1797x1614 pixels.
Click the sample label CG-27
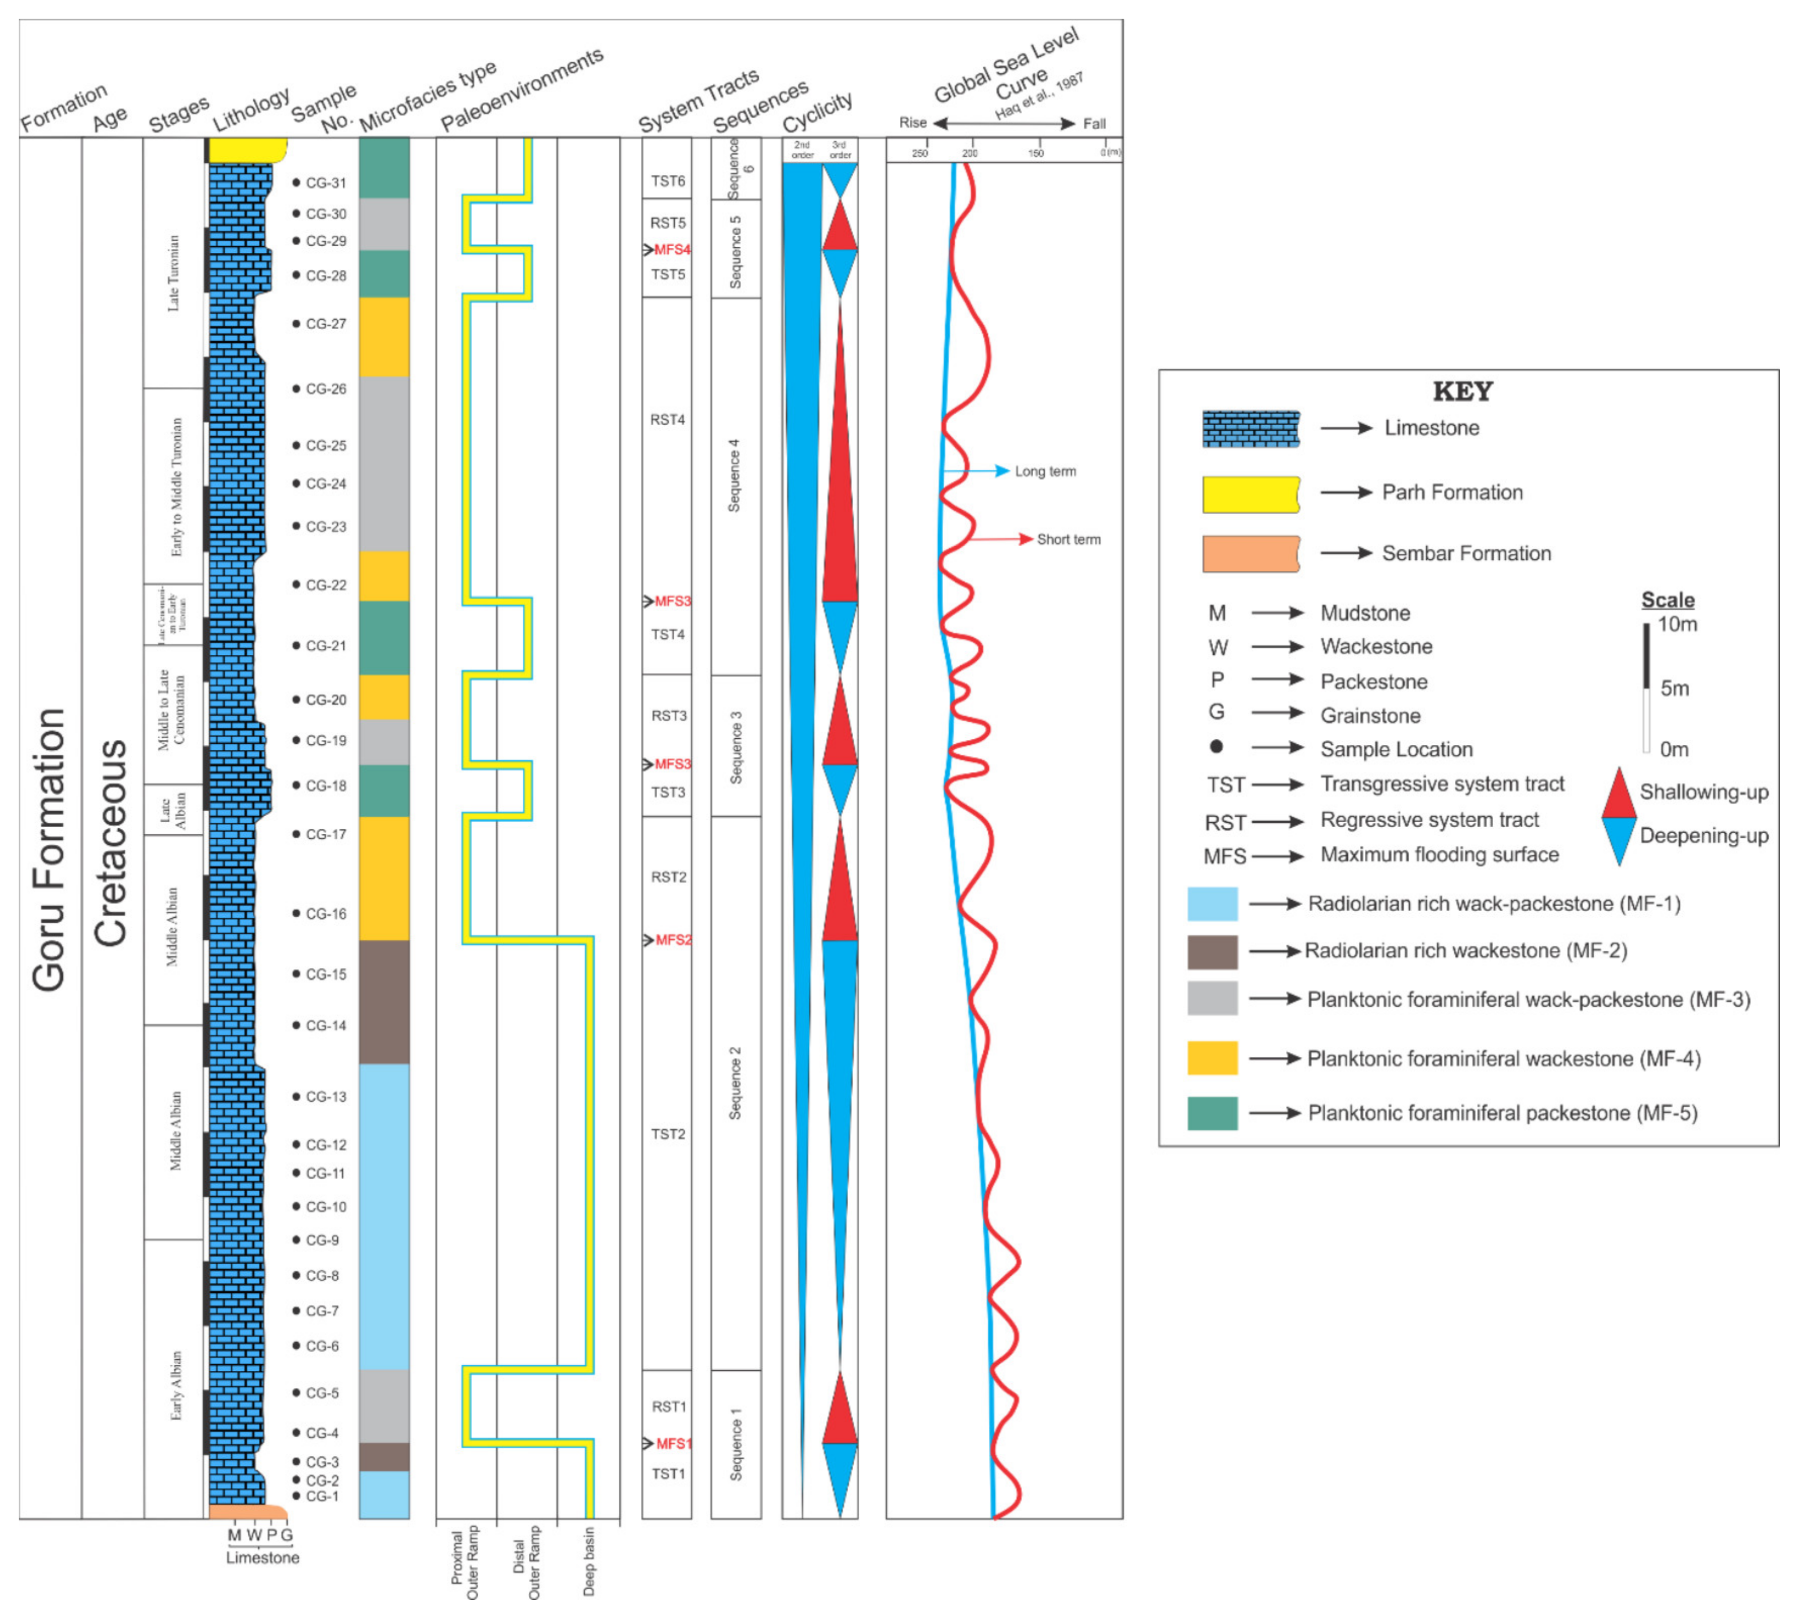tap(326, 324)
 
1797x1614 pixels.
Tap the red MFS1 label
tap(673, 1444)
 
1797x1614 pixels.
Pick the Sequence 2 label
tap(735, 1083)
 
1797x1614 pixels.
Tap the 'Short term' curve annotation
tap(1068, 539)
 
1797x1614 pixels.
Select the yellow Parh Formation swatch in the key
tap(1250, 494)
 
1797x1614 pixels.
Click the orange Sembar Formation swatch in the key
tap(1250, 553)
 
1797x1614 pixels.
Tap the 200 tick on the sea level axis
tap(970, 153)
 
